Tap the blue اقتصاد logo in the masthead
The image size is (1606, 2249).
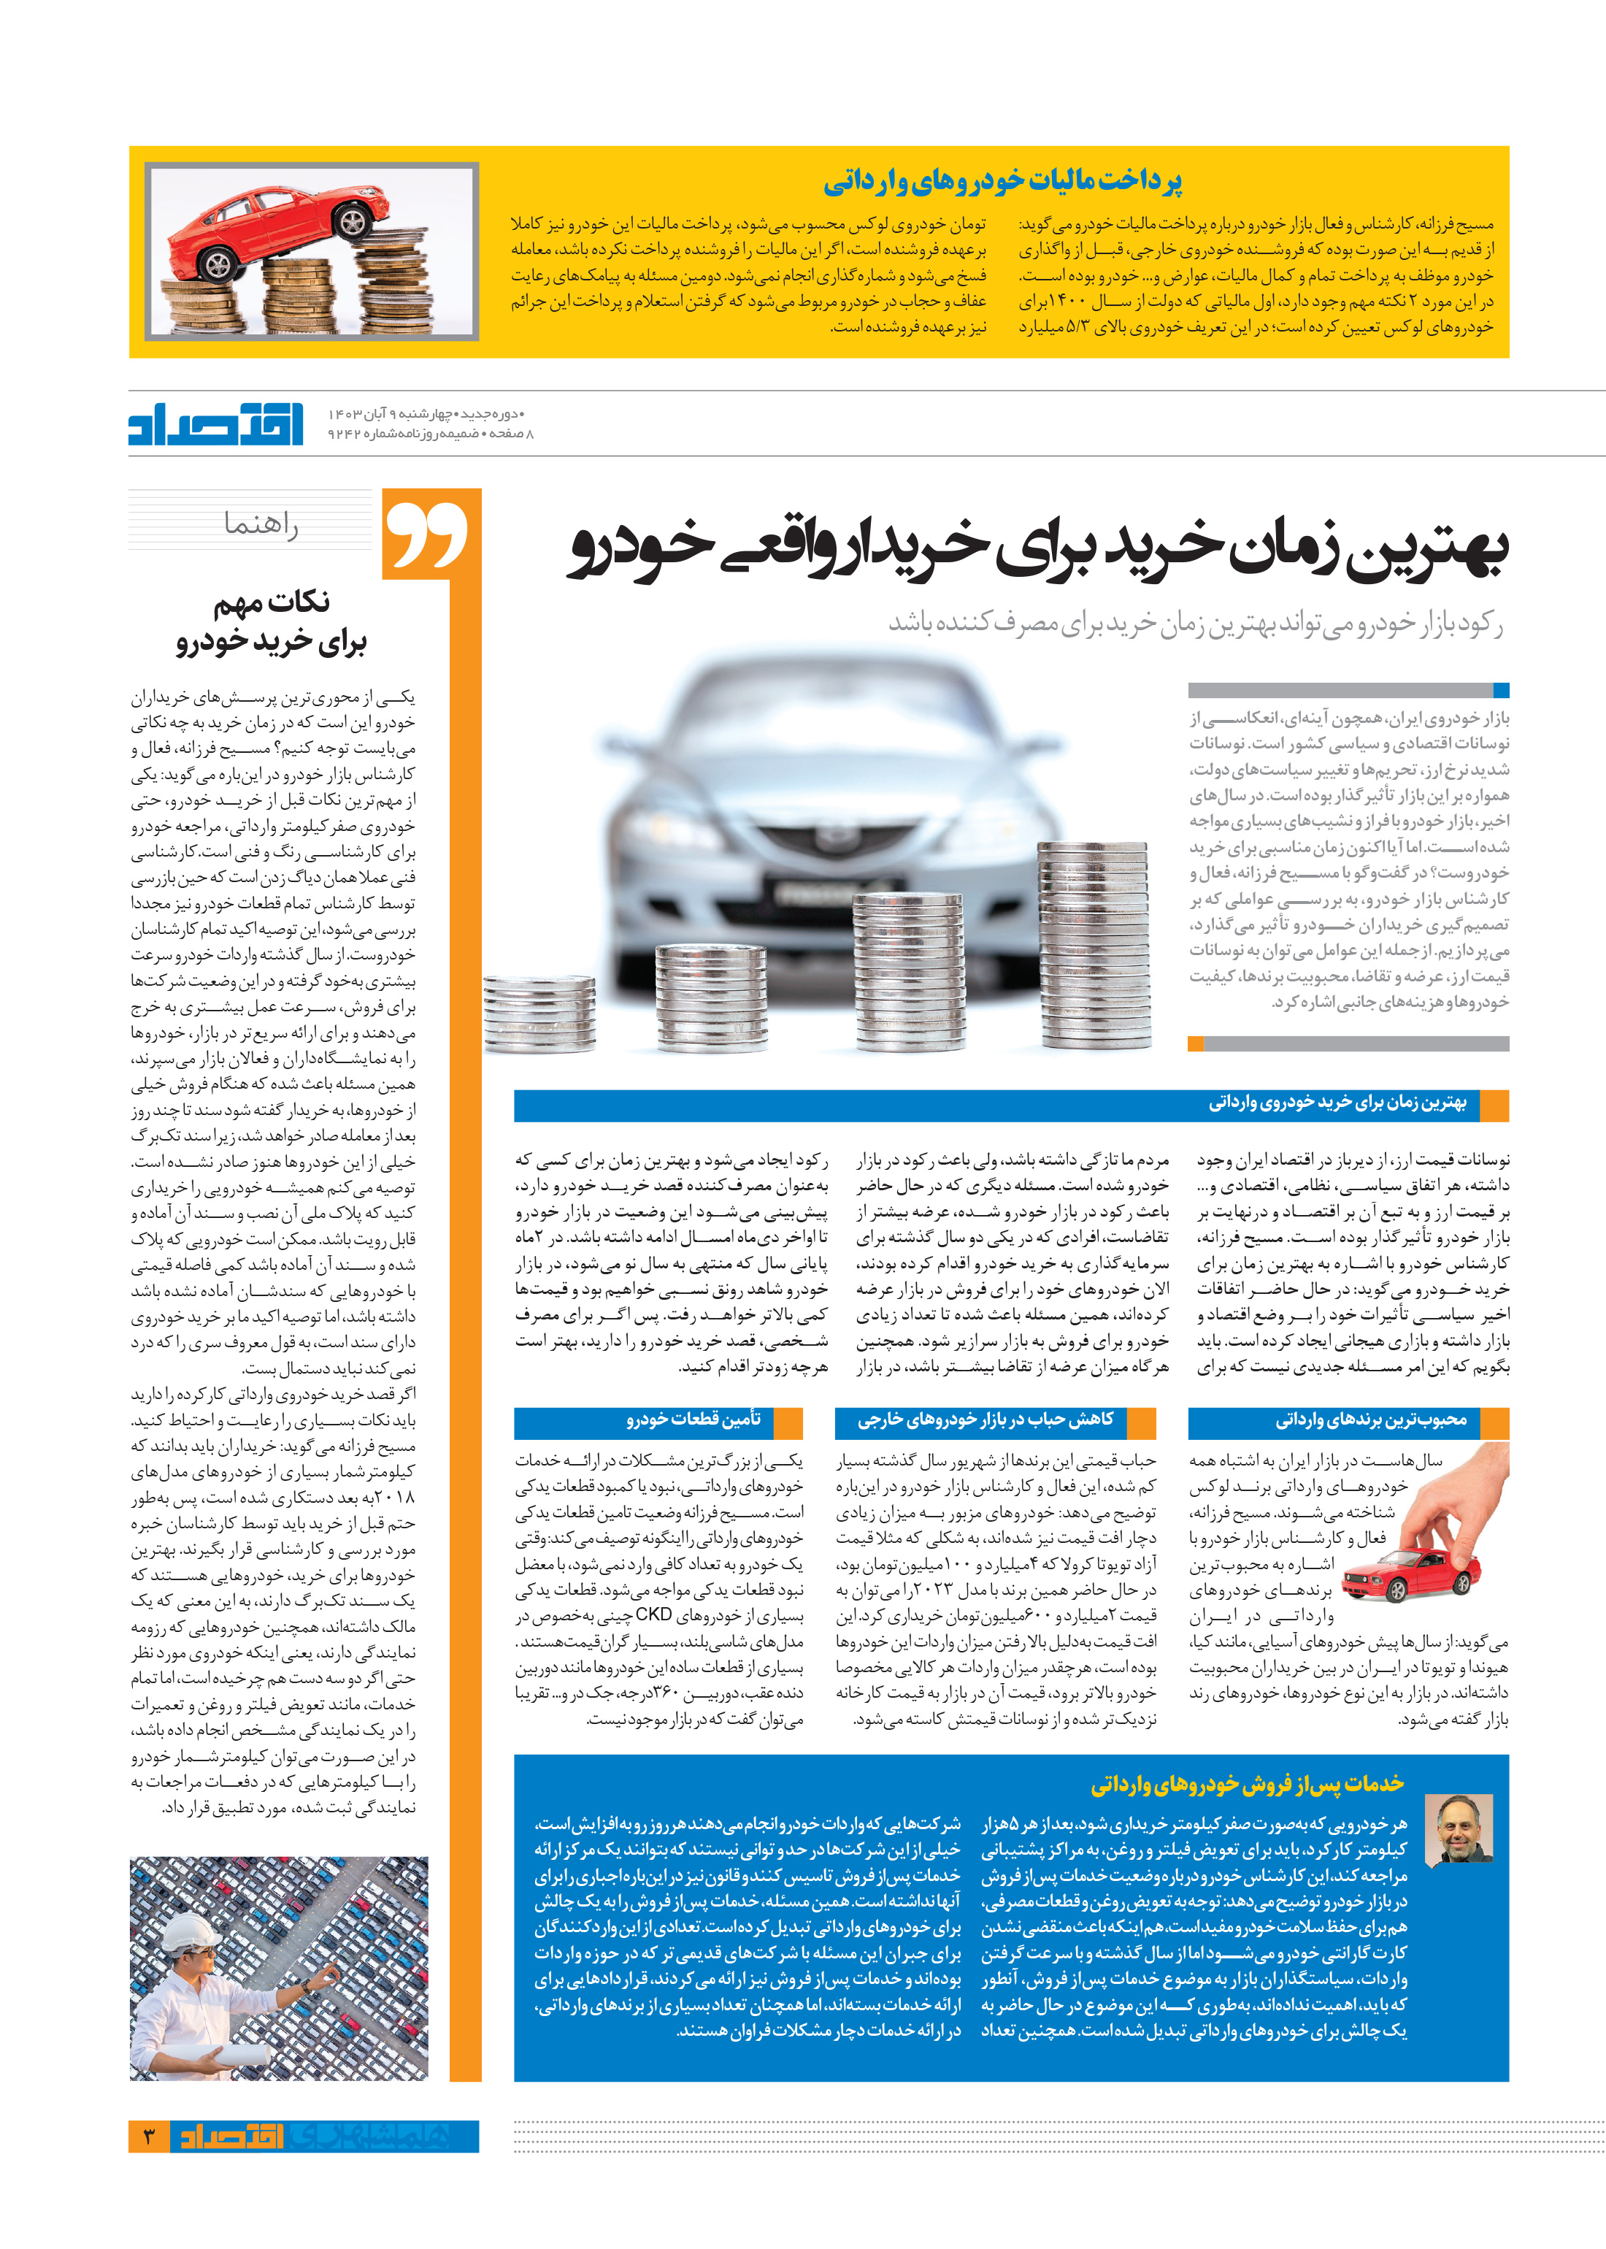pos(215,424)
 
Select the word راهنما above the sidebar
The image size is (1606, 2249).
pos(261,524)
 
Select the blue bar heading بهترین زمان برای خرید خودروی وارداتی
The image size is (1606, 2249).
pos(1337,1103)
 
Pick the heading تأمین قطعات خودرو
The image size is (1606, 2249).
pos(693,1420)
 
